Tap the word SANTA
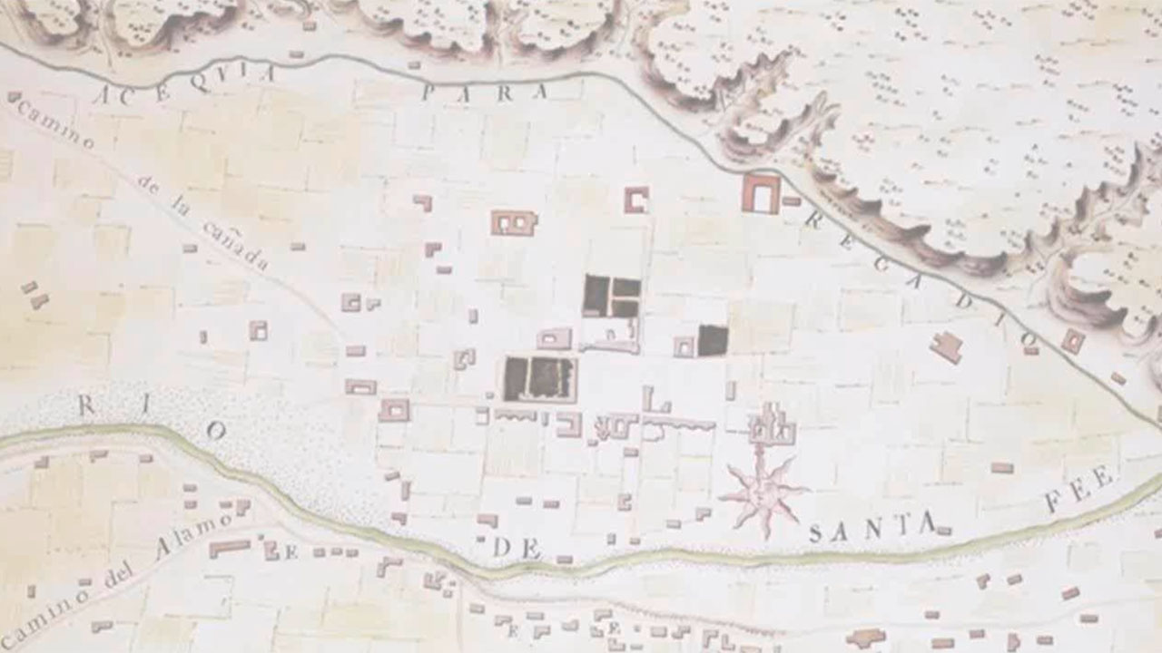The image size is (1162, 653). coord(871,529)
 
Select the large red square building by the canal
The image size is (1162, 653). coord(761,193)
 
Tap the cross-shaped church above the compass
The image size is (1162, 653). coord(773,425)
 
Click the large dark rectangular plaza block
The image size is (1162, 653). coord(540,378)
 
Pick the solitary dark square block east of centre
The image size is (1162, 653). coord(713,340)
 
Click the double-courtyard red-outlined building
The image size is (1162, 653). coord(514,222)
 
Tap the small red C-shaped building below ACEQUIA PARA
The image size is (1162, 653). coord(636,200)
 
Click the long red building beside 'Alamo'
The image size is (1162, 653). coord(229,548)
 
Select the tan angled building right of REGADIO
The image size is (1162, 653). coord(947,346)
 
